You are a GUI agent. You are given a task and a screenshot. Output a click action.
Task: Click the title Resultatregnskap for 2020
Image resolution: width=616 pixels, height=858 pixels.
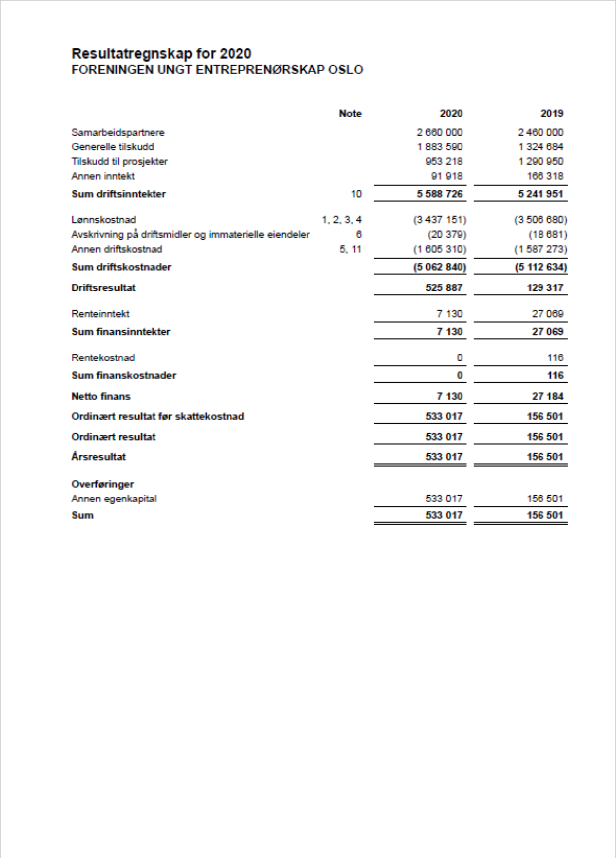(161, 54)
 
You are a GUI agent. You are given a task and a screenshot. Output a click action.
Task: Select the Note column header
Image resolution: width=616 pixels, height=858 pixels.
(350, 114)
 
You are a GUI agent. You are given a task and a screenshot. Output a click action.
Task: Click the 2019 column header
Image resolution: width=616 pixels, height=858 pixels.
(551, 114)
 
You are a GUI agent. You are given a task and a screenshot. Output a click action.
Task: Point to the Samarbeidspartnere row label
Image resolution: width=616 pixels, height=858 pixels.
(118, 133)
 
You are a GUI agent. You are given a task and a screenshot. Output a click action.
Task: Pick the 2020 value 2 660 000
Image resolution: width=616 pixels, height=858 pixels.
(439, 133)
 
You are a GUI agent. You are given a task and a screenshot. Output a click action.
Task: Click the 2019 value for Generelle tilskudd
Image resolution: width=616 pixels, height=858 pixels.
(540, 147)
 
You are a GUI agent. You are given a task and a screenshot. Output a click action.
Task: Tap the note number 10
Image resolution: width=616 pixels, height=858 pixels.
(356, 194)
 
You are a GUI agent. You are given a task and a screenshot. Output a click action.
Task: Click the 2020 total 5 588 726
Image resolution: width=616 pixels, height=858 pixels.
(439, 194)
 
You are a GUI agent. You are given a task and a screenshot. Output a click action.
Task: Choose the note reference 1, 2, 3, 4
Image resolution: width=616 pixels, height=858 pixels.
(341, 220)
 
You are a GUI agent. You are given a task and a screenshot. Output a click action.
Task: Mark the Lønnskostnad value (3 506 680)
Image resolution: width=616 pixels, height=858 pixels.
(540, 220)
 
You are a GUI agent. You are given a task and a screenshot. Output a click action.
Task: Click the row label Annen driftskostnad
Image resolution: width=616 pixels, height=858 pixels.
(117, 249)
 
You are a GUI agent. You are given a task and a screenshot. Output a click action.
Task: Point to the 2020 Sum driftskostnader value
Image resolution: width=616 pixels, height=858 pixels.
(440, 267)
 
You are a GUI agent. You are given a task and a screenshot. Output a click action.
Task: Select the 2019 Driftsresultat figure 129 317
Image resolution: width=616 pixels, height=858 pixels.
(545, 288)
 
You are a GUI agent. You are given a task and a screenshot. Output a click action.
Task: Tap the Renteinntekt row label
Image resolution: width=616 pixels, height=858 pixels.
(100, 314)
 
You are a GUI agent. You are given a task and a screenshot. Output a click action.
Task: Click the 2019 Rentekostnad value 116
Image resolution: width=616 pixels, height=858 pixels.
(555, 358)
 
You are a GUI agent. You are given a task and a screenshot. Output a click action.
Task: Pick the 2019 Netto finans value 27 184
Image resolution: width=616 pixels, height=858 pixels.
(547, 397)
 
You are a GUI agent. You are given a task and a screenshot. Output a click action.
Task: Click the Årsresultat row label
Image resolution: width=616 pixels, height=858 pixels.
(98, 457)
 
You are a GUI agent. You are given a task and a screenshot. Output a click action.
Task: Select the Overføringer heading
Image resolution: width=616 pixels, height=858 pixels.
(102, 484)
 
